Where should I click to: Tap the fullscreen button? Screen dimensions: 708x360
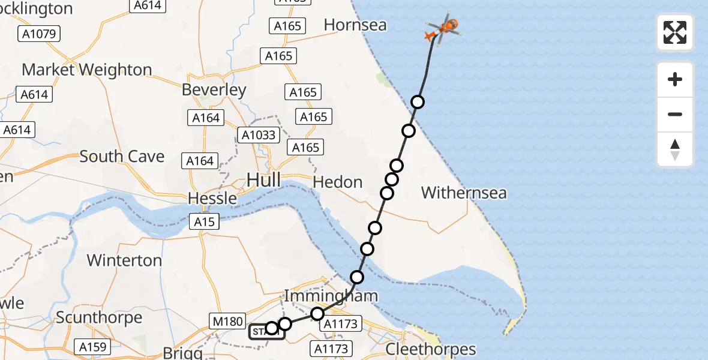(675, 32)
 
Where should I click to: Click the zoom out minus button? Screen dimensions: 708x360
(675, 114)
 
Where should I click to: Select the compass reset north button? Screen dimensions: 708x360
(675, 149)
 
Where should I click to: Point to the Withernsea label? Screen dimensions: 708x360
(464, 193)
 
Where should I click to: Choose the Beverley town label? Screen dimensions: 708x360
(214, 90)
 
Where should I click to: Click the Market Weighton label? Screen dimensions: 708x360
(87, 70)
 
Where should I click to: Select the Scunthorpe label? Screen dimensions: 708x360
(99, 317)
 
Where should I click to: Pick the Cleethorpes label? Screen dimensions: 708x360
(431, 349)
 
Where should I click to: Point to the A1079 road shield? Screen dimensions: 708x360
(40, 34)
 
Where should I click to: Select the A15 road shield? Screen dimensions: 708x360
(204, 222)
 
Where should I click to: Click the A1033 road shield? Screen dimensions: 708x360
(259, 135)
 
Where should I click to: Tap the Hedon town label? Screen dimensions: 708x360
(338, 182)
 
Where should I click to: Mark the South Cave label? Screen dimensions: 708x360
(122, 157)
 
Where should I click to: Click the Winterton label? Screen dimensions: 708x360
(124, 260)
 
